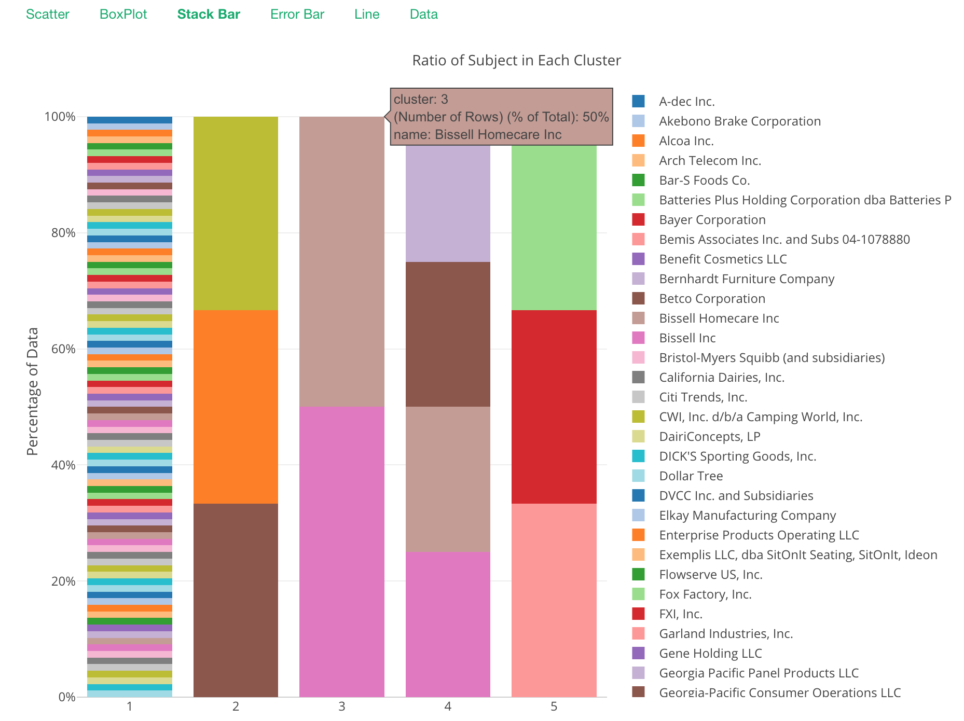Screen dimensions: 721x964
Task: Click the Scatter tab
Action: click(47, 14)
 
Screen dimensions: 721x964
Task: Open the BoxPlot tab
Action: click(123, 14)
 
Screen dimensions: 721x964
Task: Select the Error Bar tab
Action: click(297, 14)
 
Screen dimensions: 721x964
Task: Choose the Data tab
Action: click(423, 14)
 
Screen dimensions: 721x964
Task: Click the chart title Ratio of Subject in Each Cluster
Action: click(516, 61)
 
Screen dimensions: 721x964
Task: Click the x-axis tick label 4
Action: click(448, 706)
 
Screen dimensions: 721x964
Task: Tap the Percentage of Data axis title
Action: click(33, 392)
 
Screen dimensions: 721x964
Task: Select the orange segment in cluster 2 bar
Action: click(236, 407)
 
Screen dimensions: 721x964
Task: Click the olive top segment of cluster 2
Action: click(236, 213)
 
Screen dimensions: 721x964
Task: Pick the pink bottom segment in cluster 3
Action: click(342, 551)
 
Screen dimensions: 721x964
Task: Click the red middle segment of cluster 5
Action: click(554, 407)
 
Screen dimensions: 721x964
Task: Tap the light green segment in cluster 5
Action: click(554, 228)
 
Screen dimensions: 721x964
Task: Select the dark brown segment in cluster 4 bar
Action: click(448, 334)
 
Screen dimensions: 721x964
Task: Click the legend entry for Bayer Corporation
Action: click(712, 220)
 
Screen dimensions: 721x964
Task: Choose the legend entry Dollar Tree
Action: click(691, 476)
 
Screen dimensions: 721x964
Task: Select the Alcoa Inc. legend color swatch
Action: click(639, 141)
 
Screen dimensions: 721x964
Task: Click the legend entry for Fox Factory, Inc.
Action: click(705, 594)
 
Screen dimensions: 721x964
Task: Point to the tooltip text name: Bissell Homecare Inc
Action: click(477, 135)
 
